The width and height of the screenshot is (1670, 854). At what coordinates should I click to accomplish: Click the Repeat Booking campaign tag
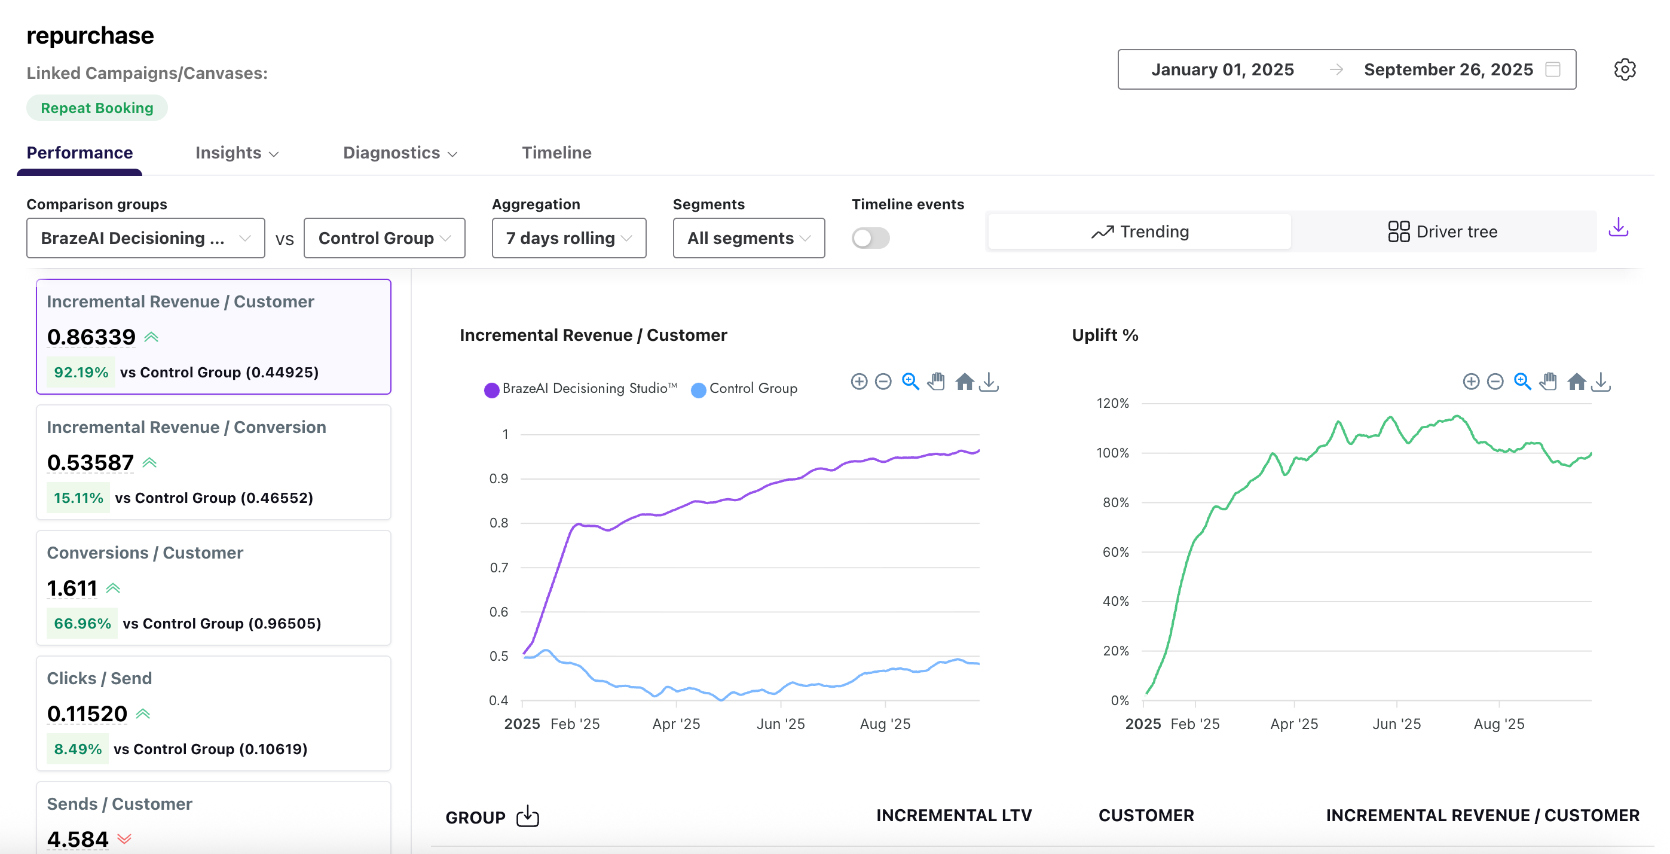pos(97,108)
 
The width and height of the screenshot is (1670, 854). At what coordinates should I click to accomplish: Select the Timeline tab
pos(556,152)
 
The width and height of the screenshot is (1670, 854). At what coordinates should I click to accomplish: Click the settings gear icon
pos(1624,69)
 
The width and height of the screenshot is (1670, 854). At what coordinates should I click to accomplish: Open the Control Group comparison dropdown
pos(384,238)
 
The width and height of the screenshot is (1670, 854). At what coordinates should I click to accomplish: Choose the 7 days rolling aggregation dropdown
pos(568,238)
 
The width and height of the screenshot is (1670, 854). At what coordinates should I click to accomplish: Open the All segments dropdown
pos(748,238)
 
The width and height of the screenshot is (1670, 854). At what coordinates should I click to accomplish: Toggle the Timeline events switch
pos(870,238)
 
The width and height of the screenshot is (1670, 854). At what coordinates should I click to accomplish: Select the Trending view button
pos(1139,231)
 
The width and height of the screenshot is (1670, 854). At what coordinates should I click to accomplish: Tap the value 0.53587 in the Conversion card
pos(90,462)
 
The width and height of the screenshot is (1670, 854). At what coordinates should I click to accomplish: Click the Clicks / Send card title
pos(99,678)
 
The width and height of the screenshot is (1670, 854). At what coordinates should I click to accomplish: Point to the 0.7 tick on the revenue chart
pos(498,568)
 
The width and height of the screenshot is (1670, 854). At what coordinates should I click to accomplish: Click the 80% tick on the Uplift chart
pos(1115,502)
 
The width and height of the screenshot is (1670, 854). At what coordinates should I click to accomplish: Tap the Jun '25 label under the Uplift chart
pos(1396,724)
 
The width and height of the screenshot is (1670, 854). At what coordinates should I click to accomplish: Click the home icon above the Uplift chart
pos(1576,382)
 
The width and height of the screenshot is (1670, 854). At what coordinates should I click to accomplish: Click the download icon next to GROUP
pos(528,816)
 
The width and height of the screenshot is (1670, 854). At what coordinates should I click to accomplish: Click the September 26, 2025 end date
pos(1448,69)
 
